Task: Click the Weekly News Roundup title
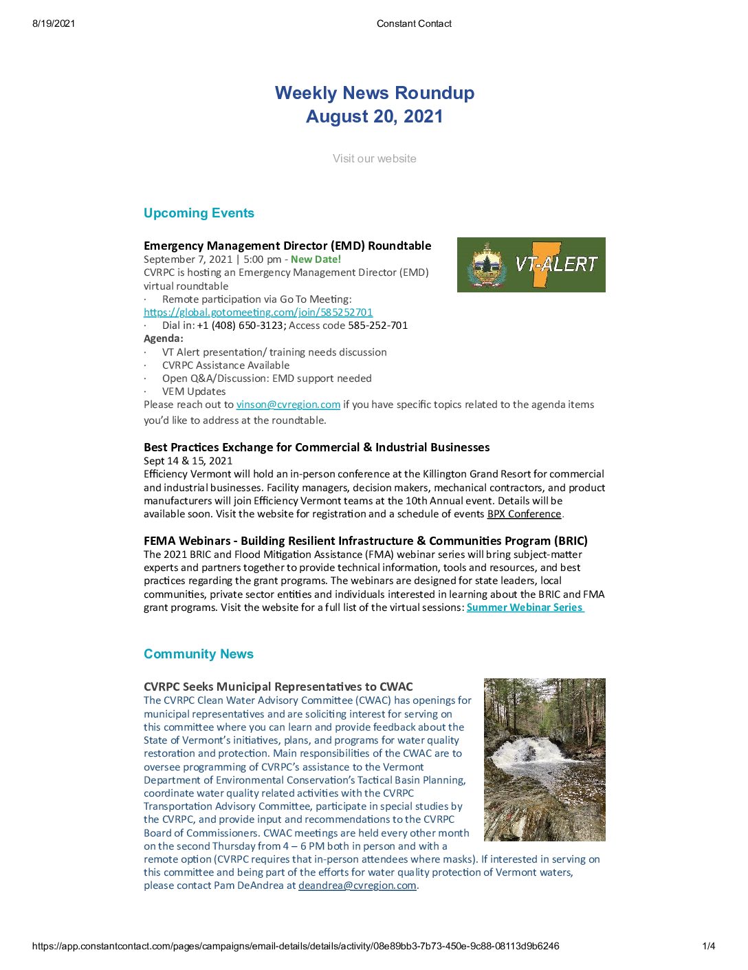pyautogui.click(x=374, y=94)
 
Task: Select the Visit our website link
pyautogui.click(x=374, y=159)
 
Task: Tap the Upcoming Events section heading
pyautogui.click(x=199, y=213)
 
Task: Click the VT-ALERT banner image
pyautogui.click(x=531, y=265)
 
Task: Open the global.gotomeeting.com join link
pyautogui.click(x=258, y=312)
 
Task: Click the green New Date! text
pyautogui.click(x=316, y=259)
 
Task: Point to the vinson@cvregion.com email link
pyautogui.click(x=288, y=405)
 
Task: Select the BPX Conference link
pyautogui.click(x=524, y=514)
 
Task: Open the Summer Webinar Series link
pyautogui.click(x=525, y=607)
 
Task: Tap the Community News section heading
pyautogui.click(x=198, y=654)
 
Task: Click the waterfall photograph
pyautogui.click(x=544, y=759)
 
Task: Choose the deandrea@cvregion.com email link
pyautogui.click(x=357, y=885)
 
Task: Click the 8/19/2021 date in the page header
pyautogui.click(x=54, y=23)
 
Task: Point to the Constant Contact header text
pyautogui.click(x=414, y=23)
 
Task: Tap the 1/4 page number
pyautogui.click(x=708, y=946)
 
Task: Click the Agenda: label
pyautogui.click(x=164, y=338)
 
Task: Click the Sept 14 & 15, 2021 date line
pyautogui.click(x=188, y=461)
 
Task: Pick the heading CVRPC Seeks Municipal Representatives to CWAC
pyautogui.click(x=278, y=687)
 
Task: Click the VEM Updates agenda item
pyautogui.click(x=193, y=391)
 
